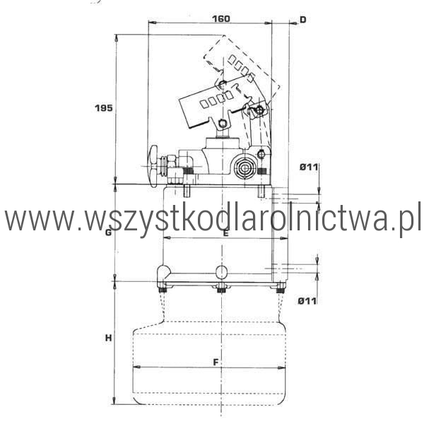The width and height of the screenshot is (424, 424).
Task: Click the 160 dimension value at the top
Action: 221,18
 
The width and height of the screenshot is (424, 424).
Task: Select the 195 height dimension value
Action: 104,108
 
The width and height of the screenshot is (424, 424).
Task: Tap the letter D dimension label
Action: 303,20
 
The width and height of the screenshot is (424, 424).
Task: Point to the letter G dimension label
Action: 108,232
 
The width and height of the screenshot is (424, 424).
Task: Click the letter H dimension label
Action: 108,338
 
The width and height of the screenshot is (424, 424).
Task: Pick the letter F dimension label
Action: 216,362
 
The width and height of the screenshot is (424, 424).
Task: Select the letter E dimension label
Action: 225,232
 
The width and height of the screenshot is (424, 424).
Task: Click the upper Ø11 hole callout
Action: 309,167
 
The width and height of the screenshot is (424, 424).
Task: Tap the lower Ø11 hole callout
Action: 307,301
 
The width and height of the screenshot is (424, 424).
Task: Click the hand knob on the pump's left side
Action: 153,166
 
